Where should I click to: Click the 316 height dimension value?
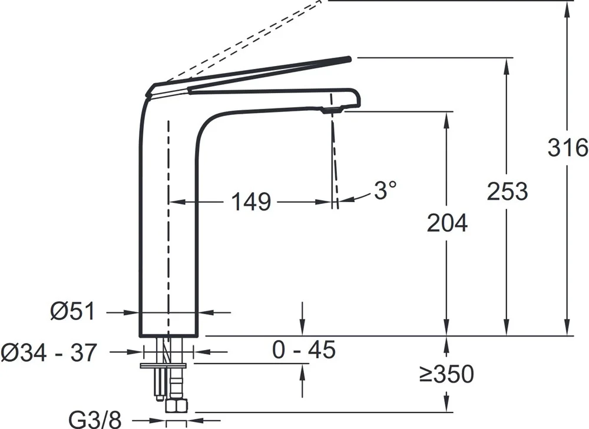point(568,147)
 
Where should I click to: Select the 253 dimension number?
point(508,191)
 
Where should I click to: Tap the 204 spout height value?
point(448,223)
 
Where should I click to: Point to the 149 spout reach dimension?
point(250,202)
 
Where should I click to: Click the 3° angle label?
point(385,190)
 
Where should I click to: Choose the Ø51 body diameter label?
point(73,311)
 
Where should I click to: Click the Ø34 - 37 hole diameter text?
point(49,353)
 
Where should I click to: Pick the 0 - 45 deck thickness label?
point(304,350)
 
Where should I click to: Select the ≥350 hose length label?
point(446,374)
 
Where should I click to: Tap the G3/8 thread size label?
point(95,420)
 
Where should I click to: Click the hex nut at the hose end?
point(176,405)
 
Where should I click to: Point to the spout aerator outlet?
point(332,110)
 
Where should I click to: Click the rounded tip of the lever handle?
point(349,58)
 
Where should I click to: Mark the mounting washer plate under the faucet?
point(163,365)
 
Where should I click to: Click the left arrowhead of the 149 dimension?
point(177,202)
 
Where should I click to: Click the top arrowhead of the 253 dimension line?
point(507,66)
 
